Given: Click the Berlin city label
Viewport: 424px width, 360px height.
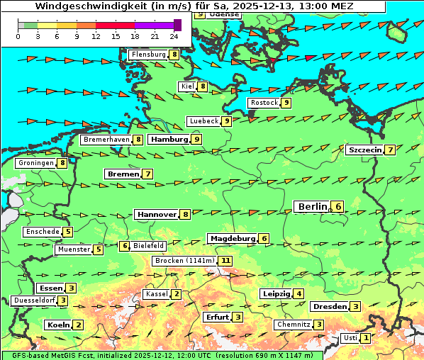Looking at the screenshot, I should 312,207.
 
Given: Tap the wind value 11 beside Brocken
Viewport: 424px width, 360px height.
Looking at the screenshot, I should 225,261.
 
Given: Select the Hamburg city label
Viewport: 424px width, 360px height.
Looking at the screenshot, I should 168,140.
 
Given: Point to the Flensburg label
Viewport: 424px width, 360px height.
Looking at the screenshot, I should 148,55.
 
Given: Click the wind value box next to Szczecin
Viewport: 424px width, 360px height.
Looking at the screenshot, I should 390,150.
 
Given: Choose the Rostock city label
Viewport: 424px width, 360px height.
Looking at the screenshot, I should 264,103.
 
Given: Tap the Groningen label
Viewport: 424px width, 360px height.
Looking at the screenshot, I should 36,163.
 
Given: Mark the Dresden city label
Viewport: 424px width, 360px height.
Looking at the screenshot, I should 330,307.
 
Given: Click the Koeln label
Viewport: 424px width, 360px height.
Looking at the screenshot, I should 57,325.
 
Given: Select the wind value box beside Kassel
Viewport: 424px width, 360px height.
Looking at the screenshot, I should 177,294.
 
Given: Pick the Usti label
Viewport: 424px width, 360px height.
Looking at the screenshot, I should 350,338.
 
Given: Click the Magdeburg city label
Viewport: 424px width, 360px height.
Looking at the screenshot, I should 232,239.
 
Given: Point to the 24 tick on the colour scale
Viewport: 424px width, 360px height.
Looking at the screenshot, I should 174,35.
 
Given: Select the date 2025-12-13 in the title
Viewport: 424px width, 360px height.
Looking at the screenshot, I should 273,6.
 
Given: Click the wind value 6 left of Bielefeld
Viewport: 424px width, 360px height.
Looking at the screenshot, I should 125,246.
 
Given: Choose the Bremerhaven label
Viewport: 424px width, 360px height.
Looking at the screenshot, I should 106,140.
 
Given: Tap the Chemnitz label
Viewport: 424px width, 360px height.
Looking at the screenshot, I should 294,325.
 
